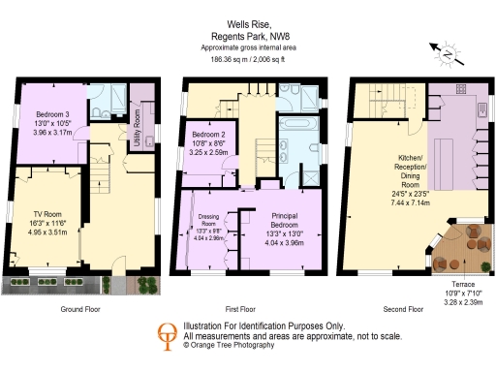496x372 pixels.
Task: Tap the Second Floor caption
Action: point(402,309)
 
